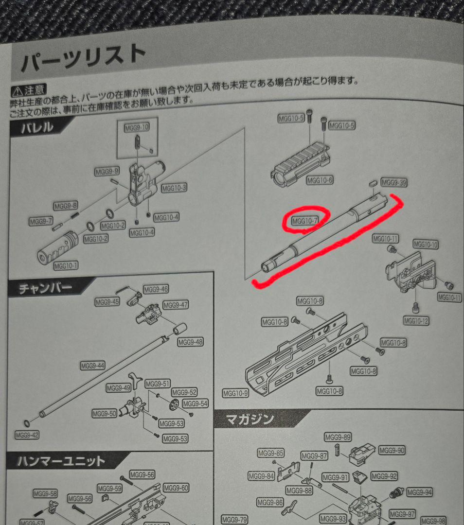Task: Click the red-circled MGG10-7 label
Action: [x=305, y=221]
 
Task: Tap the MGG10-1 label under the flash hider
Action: [x=67, y=265]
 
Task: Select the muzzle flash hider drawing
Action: [x=58, y=247]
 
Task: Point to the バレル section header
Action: [x=37, y=128]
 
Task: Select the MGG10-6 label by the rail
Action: [x=320, y=180]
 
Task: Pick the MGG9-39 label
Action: [x=393, y=183]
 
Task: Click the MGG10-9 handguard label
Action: [x=235, y=393]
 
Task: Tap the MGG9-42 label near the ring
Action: [x=27, y=435]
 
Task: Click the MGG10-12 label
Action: [x=416, y=321]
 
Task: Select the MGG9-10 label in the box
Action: [x=137, y=128]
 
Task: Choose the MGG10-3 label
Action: [x=174, y=188]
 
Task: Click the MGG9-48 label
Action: [x=190, y=342]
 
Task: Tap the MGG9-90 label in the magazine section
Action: [x=392, y=451]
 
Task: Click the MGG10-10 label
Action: [x=426, y=244]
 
